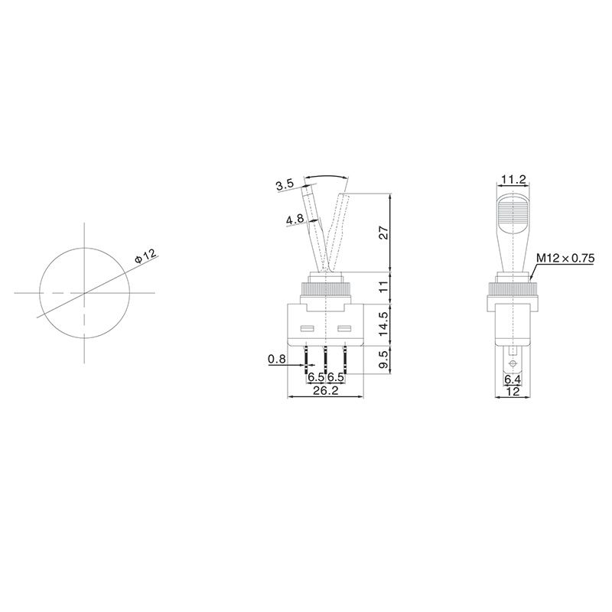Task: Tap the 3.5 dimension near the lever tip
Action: [x=285, y=184]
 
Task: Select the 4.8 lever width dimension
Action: [x=295, y=220]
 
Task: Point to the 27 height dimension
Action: [x=385, y=233]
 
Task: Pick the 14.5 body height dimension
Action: [x=385, y=324]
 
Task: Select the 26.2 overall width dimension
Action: [x=326, y=391]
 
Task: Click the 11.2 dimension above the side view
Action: [x=512, y=180]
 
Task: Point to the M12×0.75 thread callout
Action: [x=565, y=258]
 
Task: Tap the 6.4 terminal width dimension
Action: [x=512, y=378]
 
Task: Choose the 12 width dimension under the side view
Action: [x=512, y=391]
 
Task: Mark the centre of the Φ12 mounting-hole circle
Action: [x=84, y=293]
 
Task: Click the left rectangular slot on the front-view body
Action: [x=308, y=330]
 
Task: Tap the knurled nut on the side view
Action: [x=512, y=291]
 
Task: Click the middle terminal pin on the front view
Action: [x=326, y=358]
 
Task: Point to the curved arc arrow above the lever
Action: [x=327, y=177]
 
